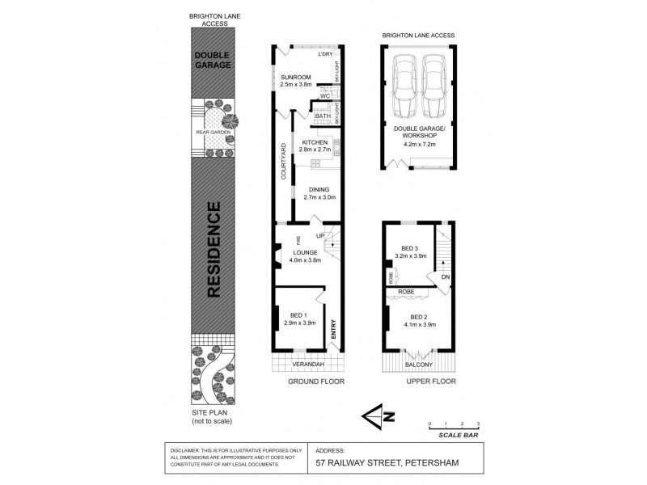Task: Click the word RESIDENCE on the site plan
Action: click(213, 251)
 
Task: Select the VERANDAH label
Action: click(296, 363)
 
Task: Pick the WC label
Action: click(325, 96)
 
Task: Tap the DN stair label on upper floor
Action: click(446, 277)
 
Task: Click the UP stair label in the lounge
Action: click(319, 235)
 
